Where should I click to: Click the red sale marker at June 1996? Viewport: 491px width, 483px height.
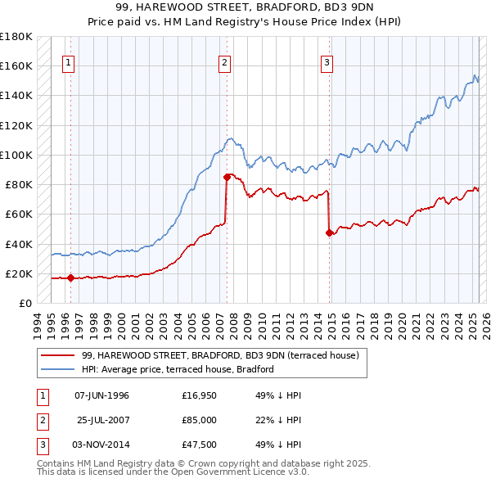tap(70, 278)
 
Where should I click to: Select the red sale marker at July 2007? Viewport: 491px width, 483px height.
tap(227, 175)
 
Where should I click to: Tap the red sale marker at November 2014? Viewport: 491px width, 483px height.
tap(329, 232)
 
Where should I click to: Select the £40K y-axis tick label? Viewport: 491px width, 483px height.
tap(19, 244)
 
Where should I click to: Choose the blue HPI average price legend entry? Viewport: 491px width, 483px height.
tap(178, 369)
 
